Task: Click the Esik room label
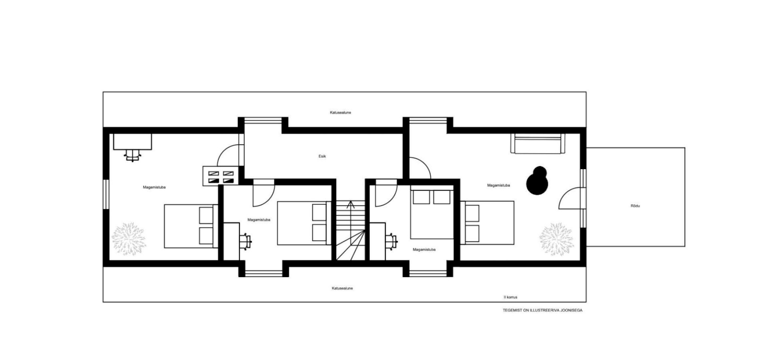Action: [x=322, y=156]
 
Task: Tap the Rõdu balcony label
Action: [x=635, y=206]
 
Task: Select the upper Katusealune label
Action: [x=340, y=112]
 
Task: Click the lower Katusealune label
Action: [x=342, y=288]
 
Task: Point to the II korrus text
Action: [x=510, y=297]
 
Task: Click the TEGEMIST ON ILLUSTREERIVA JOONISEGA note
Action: [x=542, y=310]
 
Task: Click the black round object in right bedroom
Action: [x=537, y=181]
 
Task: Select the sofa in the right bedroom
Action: [x=538, y=143]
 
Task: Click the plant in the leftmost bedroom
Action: [x=129, y=239]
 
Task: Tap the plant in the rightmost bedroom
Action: [x=556, y=239]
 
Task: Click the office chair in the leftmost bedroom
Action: [x=132, y=156]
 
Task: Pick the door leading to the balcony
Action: [x=572, y=198]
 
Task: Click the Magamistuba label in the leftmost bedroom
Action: [x=154, y=187]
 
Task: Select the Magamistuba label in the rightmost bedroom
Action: [x=498, y=185]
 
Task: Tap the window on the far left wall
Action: [x=106, y=194]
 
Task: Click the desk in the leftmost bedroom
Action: [x=132, y=142]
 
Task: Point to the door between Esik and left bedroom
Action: [x=230, y=155]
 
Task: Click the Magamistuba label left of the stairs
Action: [x=259, y=220]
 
